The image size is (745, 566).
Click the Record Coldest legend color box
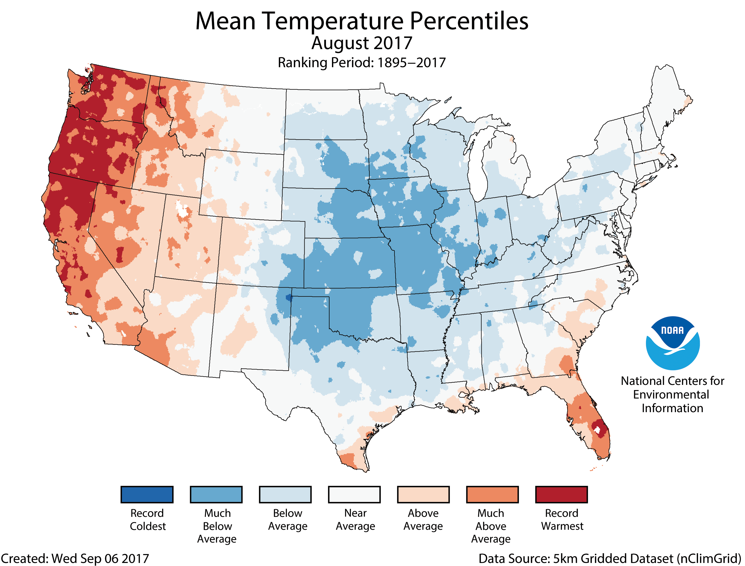(147, 495)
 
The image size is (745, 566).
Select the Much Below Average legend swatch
(216, 495)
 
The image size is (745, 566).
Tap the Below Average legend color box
(285, 495)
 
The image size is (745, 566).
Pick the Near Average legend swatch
(354, 495)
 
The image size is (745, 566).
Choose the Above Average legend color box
(423, 495)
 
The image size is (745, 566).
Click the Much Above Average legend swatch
(492, 495)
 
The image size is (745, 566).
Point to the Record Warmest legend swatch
(562, 495)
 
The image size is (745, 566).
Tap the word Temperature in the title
(333, 22)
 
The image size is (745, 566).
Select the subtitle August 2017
(362, 43)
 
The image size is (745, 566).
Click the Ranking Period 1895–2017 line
(362, 63)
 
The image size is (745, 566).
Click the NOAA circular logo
(673, 343)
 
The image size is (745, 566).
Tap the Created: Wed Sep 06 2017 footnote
(75, 559)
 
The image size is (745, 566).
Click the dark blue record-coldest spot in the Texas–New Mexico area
(289, 298)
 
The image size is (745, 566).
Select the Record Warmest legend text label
(562, 520)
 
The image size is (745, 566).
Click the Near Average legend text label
(355, 520)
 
